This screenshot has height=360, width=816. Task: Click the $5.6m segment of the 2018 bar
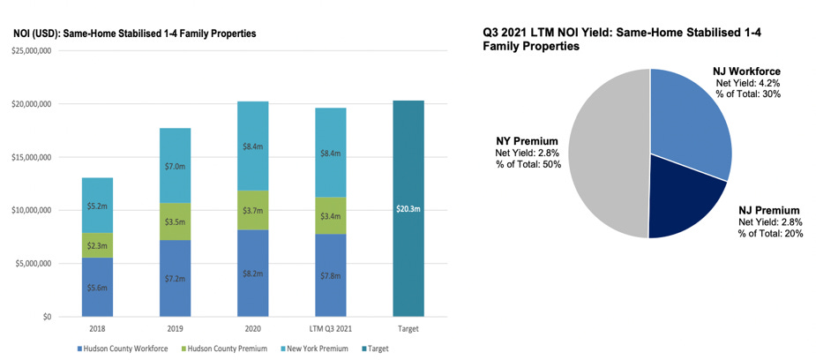[x=97, y=287]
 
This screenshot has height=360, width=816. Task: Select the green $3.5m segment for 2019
[x=175, y=221]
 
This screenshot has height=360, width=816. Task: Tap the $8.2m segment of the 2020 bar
[x=252, y=274]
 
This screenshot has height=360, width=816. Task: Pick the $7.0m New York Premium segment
[x=175, y=166]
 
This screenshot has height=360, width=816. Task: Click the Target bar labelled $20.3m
[x=408, y=208]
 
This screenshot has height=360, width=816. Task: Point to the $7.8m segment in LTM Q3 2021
[x=330, y=275]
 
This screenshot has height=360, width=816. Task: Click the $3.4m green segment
[x=330, y=215]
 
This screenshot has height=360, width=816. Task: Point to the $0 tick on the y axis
[x=49, y=317]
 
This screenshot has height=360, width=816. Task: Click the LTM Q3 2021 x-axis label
[x=330, y=329]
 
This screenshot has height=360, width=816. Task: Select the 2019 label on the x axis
[x=175, y=329]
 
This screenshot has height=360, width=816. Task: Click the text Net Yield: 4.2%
[x=748, y=83]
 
